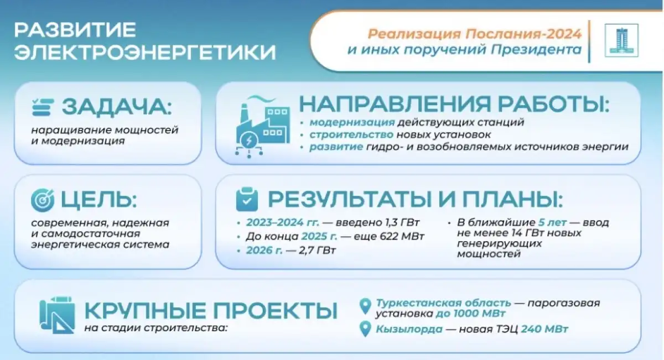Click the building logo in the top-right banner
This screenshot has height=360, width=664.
coord(621,40)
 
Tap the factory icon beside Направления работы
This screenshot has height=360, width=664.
coord(263,127)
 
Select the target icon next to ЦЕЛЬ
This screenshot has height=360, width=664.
coord(43,200)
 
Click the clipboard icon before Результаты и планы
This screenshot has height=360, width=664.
coord(247,199)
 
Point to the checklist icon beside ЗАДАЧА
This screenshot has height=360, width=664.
coord(43,107)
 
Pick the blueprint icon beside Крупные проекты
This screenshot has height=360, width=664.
coord(57,315)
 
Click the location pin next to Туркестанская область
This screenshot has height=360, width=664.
coord(365,306)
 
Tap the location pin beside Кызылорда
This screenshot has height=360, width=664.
coord(365,329)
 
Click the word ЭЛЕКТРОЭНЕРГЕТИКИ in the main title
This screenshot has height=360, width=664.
coord(145,52)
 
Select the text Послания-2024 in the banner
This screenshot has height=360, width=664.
coord(523,34)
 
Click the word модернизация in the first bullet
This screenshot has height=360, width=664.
coord(352,122)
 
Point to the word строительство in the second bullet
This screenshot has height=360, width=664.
coord(351,135)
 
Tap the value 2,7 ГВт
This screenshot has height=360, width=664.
coord(317,251)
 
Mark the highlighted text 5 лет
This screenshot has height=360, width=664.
coord(552,222)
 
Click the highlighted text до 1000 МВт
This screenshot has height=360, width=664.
coord(470,313)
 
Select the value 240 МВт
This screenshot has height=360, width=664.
coord(544,329)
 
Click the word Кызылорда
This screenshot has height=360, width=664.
coord(409,329)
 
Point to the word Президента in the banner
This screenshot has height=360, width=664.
coord(536,49)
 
